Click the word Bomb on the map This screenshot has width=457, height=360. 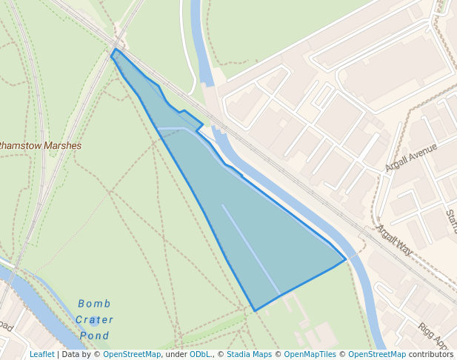coord(94,304)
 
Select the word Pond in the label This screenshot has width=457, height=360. coord(94,336)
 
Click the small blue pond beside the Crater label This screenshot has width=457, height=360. coord(95,321)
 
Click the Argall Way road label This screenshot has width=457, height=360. coord(394,241)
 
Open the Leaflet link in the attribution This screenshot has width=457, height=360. coord(41,355)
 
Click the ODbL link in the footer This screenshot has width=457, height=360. coord(200,355)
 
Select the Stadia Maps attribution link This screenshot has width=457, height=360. coord(249,355)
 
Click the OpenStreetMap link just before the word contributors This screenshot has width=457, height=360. coord(376,355)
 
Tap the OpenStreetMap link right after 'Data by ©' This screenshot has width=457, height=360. coord(132,355)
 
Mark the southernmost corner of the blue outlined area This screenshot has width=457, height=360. coord(255,310)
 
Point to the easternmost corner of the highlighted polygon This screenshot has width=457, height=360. coord(345,259)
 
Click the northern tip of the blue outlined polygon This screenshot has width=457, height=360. coord(115,50)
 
